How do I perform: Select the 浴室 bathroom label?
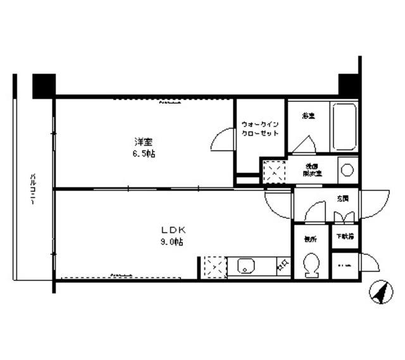[x=308, y=116]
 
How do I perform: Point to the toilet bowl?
[x=311, y=266]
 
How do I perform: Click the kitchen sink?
[x=246, y=266]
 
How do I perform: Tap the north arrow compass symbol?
[x=381, y=293]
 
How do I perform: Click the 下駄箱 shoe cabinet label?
[x=346, y=237]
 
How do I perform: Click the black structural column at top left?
[x=44, y=85]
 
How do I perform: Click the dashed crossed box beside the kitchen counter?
[x=213, y=266]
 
